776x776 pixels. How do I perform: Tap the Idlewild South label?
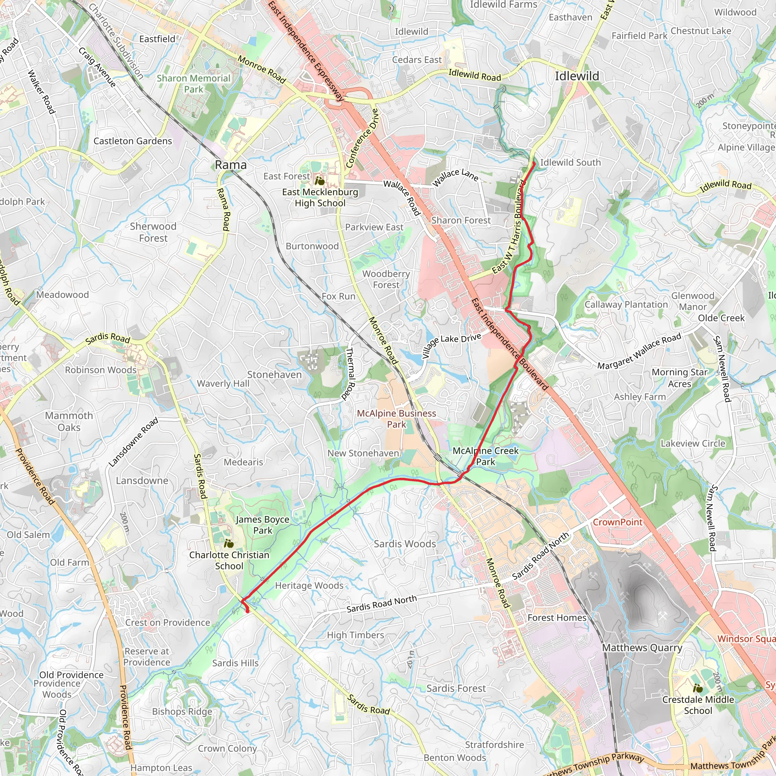[x=570, y=163]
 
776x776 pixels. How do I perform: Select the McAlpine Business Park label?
[x=396, y=419]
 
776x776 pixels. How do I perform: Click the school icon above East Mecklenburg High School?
[x=320, y=181]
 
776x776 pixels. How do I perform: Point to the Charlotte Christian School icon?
[x=228, y=544]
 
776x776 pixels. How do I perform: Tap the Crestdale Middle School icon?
[x=698, y=688]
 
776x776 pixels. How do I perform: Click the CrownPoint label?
[x=618, y=522]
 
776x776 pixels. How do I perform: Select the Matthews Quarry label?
[x=642, y=648]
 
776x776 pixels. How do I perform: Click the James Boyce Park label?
[x=263, y=525]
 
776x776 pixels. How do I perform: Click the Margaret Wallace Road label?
[x=639, y=351]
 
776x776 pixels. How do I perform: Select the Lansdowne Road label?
[x=133, y=442]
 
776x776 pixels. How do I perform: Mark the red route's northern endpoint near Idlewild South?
[x=534, y=163]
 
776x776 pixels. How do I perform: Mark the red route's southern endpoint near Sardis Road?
[x=247, y=611]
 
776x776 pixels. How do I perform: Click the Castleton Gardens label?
[x=133, y=141]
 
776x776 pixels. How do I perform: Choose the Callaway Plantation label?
[x=626, y=305]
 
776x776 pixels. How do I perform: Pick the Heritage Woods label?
[x=309, y=586]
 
